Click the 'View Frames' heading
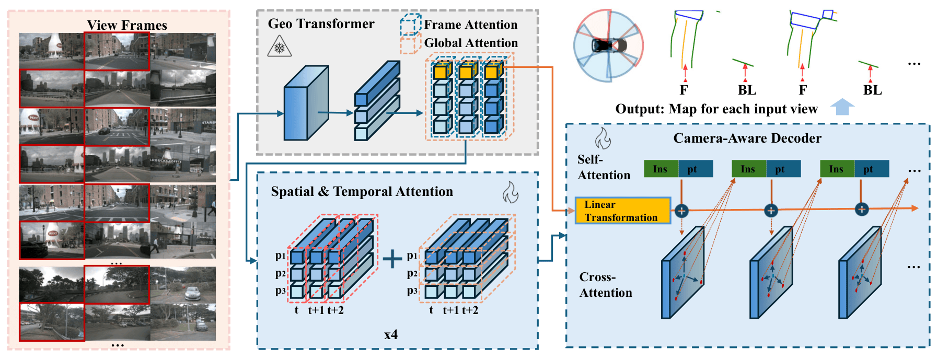pos(127,25)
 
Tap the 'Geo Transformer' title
pos(321,24)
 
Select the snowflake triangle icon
pos(279,47)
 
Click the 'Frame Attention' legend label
pos(470,25)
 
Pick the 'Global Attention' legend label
pos(471,43)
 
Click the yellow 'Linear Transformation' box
pos(622,211)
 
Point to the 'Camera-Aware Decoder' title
pos(747,138)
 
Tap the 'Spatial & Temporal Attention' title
pos(362,192)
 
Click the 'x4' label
pos(391,334)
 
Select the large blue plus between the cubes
pos(392,258)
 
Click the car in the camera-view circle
pos(608,45)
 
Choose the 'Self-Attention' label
pos(604,167)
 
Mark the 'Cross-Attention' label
pos(606,285)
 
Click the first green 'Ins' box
pos(661,169)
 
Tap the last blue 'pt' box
pos(872,169)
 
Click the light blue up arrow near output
pos(842,107)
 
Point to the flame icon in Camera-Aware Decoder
pos(603,138)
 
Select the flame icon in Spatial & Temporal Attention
pos(510,192)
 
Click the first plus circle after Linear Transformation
pos(681,211)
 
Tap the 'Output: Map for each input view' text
pos(716,109)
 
